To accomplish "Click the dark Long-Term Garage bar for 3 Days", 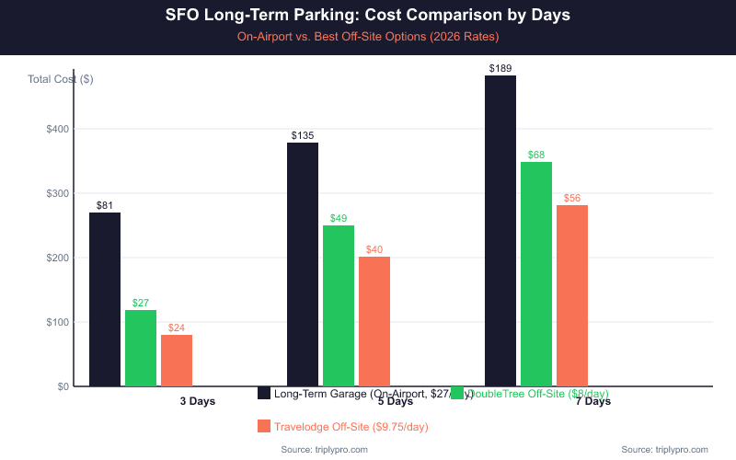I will pyautogui.click(x=105, y=299).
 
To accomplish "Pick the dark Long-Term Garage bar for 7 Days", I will pyautogui.click(x=500, y=231).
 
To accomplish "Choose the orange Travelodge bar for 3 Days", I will pyautogui.click(x=177, y=360).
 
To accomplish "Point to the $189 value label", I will pyautogui.click(x=500, y=68).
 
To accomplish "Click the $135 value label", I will pyautogui.click(x=303, y=135).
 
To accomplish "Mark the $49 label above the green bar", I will pyautogui.click(x=338, y=218).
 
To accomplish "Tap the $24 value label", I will pyautogui.click(x=177, y=328).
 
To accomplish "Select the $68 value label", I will pyautogui.click(x=536, y=155).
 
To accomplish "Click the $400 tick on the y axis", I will pyautogui.click(x=57, y=129).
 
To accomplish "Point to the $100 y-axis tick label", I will pyautogui.click(x=57, y=322).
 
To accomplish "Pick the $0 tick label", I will pyautogui.click(x=63, y=386).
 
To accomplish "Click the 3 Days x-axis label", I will pyautogui.click(x=197, y=401).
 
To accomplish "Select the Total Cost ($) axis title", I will pyautogui.click(x=61, y=79).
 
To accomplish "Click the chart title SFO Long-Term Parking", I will pyautogui.click(x=368, y=16).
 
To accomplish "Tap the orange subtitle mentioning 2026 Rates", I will pyautogui.click(x=368, y=37).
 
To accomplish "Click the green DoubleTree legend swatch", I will pyautogui.click(x=457, y=394).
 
